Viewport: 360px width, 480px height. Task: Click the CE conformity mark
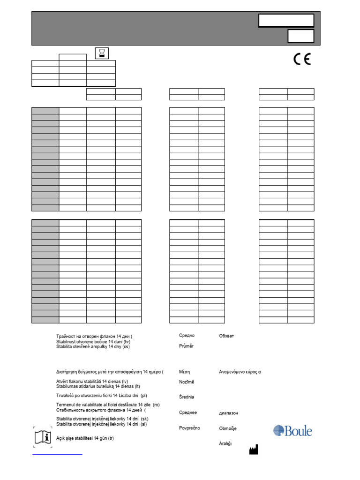[x=302, y=60]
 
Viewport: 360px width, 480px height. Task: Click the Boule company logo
[x=292, y=431]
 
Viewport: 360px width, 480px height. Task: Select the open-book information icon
[x=43, y=436]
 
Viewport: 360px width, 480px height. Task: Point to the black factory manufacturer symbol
[x=253, y=450]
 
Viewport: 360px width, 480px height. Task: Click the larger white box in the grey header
[x=286, y=20]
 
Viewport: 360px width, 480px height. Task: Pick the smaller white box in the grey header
[x=300, y=37]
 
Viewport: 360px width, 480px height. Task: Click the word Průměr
[x=186, y=346]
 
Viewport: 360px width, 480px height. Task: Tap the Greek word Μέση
[x=184, y=371]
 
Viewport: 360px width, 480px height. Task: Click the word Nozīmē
[x=187, y=382]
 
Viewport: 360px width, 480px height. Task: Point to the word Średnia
[x=187, y=397]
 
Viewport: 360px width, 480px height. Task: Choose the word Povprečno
[x=189, y=428]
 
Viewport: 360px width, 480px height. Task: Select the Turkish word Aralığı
[x=225, y=443]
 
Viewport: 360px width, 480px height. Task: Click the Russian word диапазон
[x=228, y=413]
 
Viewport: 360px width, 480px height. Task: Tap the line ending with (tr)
[x=85, y=438]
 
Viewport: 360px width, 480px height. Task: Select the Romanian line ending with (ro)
[x=108, y=405]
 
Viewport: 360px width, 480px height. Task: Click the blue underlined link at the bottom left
[x=57, y=454]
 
